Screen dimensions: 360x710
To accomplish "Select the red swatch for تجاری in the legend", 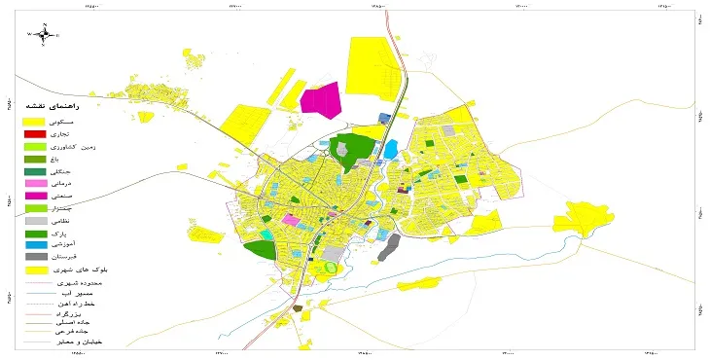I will pyautogui.click(x=35, y=132).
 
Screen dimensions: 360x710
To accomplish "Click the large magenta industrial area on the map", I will pyautogui.click(x=322, y=99).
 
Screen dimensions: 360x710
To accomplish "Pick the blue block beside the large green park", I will pyautogui.click(x=391, y=150).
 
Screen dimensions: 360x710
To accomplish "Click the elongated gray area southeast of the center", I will pyautogui.click(x=389, y=248).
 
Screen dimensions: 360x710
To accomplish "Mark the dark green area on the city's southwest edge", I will pyautogui.click(x=259, y=248).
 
